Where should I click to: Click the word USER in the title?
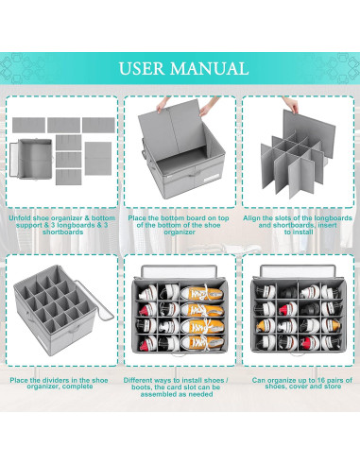coord(142,69)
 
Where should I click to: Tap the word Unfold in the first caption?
coord(20,218)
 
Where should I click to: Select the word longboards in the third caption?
coord(334,218)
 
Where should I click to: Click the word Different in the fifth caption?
coord(138,380)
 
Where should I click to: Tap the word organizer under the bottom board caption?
coord(180,232)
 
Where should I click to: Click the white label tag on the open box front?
coord(214,180)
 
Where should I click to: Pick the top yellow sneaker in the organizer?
coord(202,294)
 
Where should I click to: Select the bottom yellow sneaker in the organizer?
coord(202,342)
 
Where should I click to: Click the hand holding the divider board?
coord(292,105)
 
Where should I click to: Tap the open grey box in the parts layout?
coord(31,159)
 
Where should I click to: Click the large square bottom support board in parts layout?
coord(98,158)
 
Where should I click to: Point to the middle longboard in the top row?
coord(63,125)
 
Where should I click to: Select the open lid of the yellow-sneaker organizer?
coord(180,271)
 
